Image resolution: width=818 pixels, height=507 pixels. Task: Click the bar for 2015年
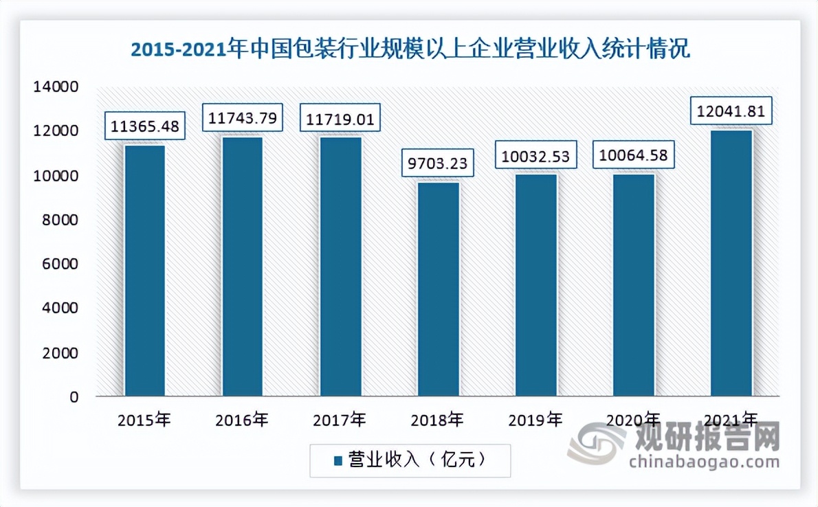(144, 271)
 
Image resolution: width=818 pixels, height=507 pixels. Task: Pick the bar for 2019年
(536, 285)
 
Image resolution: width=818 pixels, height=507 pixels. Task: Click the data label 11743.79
(242, 118)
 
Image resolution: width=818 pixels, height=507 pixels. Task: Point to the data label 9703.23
(438, 164)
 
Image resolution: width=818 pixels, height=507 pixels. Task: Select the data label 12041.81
(731, 111)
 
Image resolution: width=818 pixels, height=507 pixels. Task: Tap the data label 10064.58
(634, 155)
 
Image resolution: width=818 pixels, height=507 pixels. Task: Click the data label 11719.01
(340, 118)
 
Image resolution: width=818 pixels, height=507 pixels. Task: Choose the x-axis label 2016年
(242, 420)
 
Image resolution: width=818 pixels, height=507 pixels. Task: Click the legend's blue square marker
(338, 460)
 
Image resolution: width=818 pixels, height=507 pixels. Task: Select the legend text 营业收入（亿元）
(417, 460)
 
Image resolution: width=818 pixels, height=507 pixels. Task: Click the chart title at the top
(410, 50)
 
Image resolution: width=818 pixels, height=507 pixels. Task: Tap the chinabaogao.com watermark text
(705, 461)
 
